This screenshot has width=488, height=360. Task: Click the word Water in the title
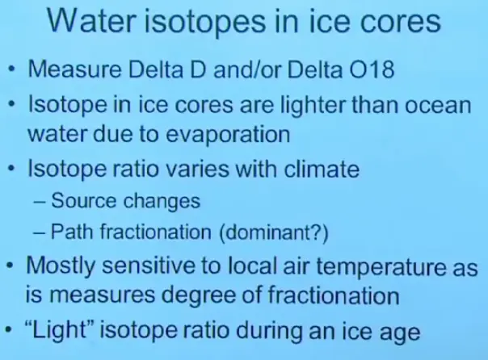click(x=92, y=21)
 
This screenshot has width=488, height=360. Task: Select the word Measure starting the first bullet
click(x=74, y=69)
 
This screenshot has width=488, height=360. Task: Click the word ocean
click(x=438, y=106)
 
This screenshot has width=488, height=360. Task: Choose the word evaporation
click(x=228, y=135)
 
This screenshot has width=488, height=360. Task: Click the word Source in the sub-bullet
click(x=83, y=201)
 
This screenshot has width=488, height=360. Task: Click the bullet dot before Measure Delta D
click(x=12, y=69)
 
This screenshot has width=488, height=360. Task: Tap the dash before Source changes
click(x=40, y=202)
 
